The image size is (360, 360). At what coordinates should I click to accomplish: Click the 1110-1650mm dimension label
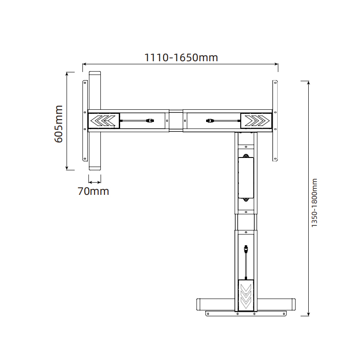[x=181, y=58]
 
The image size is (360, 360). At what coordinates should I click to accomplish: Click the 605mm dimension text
[x=58, y=124]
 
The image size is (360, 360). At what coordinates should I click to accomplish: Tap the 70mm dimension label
[x=94, y=191]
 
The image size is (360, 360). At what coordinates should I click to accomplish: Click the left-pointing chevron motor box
[x=103, y=120]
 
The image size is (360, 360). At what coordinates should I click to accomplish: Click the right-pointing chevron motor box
[x=256, y=120]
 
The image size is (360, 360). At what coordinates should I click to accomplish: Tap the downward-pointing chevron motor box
[x=246, y=295]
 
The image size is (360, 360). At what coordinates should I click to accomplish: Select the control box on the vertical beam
[x=246, y=178]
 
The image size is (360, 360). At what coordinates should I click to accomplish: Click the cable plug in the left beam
[x=150, y=120]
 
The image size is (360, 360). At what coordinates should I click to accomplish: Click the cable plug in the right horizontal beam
[x=210, y=120]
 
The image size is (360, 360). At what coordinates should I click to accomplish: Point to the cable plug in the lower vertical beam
[x=246, y=248]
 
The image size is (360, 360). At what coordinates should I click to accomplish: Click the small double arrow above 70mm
[x=94, y=182]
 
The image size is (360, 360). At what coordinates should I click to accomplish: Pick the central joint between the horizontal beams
[x=176, y=120]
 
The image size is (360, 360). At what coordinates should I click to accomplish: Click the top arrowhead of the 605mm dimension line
[x=67, y=73]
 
